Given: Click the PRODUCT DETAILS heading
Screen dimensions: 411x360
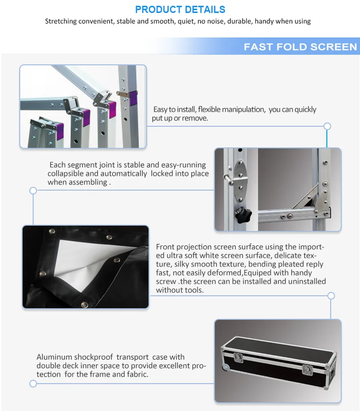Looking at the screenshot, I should tap(180, 10).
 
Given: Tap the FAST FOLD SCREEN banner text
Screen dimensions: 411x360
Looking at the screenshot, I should tap(300, 47).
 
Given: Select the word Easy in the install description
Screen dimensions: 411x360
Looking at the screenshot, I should tap(161, 109).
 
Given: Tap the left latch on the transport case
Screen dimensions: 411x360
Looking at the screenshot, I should tap(239, 357).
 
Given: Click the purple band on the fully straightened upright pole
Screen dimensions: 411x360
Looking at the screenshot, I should tap(133, 99).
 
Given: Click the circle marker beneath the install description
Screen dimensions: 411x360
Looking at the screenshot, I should tap(327, 126).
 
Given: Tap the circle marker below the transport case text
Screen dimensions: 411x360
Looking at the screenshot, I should tap(33, 384).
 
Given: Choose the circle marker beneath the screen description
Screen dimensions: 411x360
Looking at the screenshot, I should tap(331, 296).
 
